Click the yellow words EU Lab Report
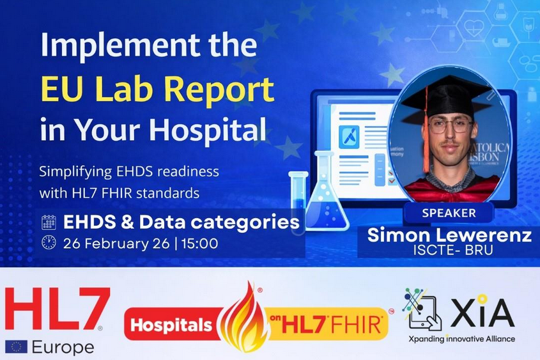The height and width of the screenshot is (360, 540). coord(158,89)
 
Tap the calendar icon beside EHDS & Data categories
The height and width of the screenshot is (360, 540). coord(49,223)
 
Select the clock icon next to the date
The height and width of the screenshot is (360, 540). coord(49,242)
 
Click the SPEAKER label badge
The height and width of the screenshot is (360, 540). coord(449,213)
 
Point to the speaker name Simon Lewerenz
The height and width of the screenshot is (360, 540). coord(449,235)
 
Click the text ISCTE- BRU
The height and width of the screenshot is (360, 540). coord(453,251)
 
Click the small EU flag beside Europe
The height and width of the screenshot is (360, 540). coord(16,347)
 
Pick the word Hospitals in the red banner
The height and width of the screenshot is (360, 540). coord(171,325)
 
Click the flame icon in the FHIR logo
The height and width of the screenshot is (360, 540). coord(243,318)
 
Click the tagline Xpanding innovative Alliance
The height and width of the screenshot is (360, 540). coord(462,339)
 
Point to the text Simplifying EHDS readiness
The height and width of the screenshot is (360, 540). coord(129,171)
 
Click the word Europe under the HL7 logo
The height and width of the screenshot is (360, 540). coord(63,348)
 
